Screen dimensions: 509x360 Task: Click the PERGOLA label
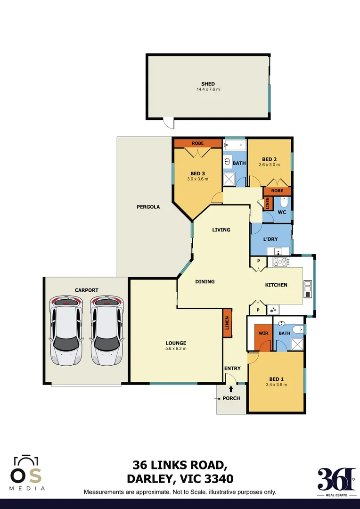[148, 206]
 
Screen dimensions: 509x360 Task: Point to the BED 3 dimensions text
[197, 179]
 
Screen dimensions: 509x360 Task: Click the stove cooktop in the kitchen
[281, 262]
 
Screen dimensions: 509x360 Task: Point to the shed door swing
[168, 123]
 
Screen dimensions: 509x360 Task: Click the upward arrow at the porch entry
[231, 388]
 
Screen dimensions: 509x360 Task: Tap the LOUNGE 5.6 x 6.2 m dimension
[176, 349]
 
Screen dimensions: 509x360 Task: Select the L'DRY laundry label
[270, 239]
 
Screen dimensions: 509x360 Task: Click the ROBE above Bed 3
[197, 143]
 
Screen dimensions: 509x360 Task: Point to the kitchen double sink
[308, 288]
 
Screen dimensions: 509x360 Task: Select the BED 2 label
[269, 159]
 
